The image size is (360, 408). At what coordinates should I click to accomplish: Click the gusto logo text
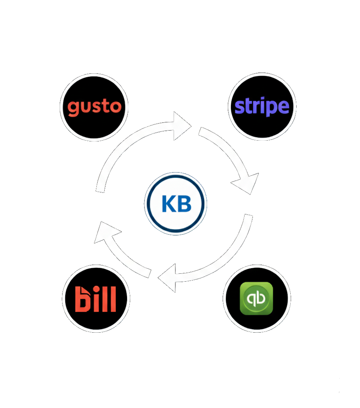pos(94,107)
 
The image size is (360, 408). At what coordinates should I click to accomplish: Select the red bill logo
pos(96,298)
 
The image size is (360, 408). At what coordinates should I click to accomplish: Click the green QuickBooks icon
pos(256,298)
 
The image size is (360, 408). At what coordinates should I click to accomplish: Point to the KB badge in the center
pos(176,204)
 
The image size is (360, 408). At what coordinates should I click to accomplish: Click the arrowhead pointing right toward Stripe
pos(181,126)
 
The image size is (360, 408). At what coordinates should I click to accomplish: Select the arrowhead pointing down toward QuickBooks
pos(246,182)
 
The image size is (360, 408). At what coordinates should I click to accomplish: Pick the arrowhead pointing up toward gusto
pos(106,233)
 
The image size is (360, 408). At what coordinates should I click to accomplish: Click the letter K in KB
pos(168,204)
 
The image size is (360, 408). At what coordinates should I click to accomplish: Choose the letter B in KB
pos(184,204)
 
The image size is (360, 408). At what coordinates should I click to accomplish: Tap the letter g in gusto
pos(73,108)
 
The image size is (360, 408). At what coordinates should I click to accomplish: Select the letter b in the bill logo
pos(83,300)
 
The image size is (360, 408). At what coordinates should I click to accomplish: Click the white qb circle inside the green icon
pos(256,298)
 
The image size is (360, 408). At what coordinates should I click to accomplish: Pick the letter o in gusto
pos(115,107)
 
